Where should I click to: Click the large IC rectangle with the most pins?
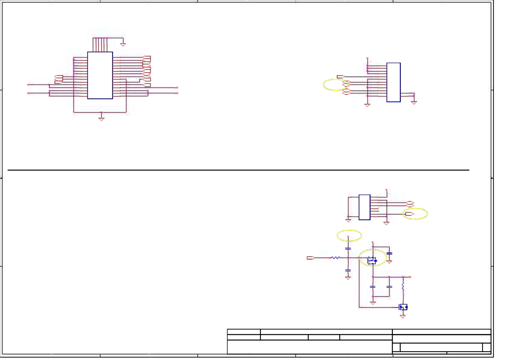(100, 75)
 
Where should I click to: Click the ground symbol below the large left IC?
(101, 119)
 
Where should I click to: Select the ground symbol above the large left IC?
(123, 44)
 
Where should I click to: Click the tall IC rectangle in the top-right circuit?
(393, 82)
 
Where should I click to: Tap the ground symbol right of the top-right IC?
(414, 103)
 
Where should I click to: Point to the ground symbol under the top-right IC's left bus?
(367, 105)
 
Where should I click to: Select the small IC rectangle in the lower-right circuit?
(364, 207)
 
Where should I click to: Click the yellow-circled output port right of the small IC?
(410, 214)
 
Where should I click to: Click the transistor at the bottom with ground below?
(403, 307)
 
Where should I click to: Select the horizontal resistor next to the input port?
(336, 258)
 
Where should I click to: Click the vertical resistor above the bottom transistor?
(403, 286)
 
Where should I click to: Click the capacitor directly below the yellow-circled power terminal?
(348, 249)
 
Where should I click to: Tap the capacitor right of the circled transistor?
(389, 254)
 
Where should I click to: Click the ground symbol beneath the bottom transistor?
(403, 316)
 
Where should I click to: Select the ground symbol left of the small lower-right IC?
(348, 220)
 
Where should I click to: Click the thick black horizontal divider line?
(238, 170)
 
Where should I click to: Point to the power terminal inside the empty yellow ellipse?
(348, 237)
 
